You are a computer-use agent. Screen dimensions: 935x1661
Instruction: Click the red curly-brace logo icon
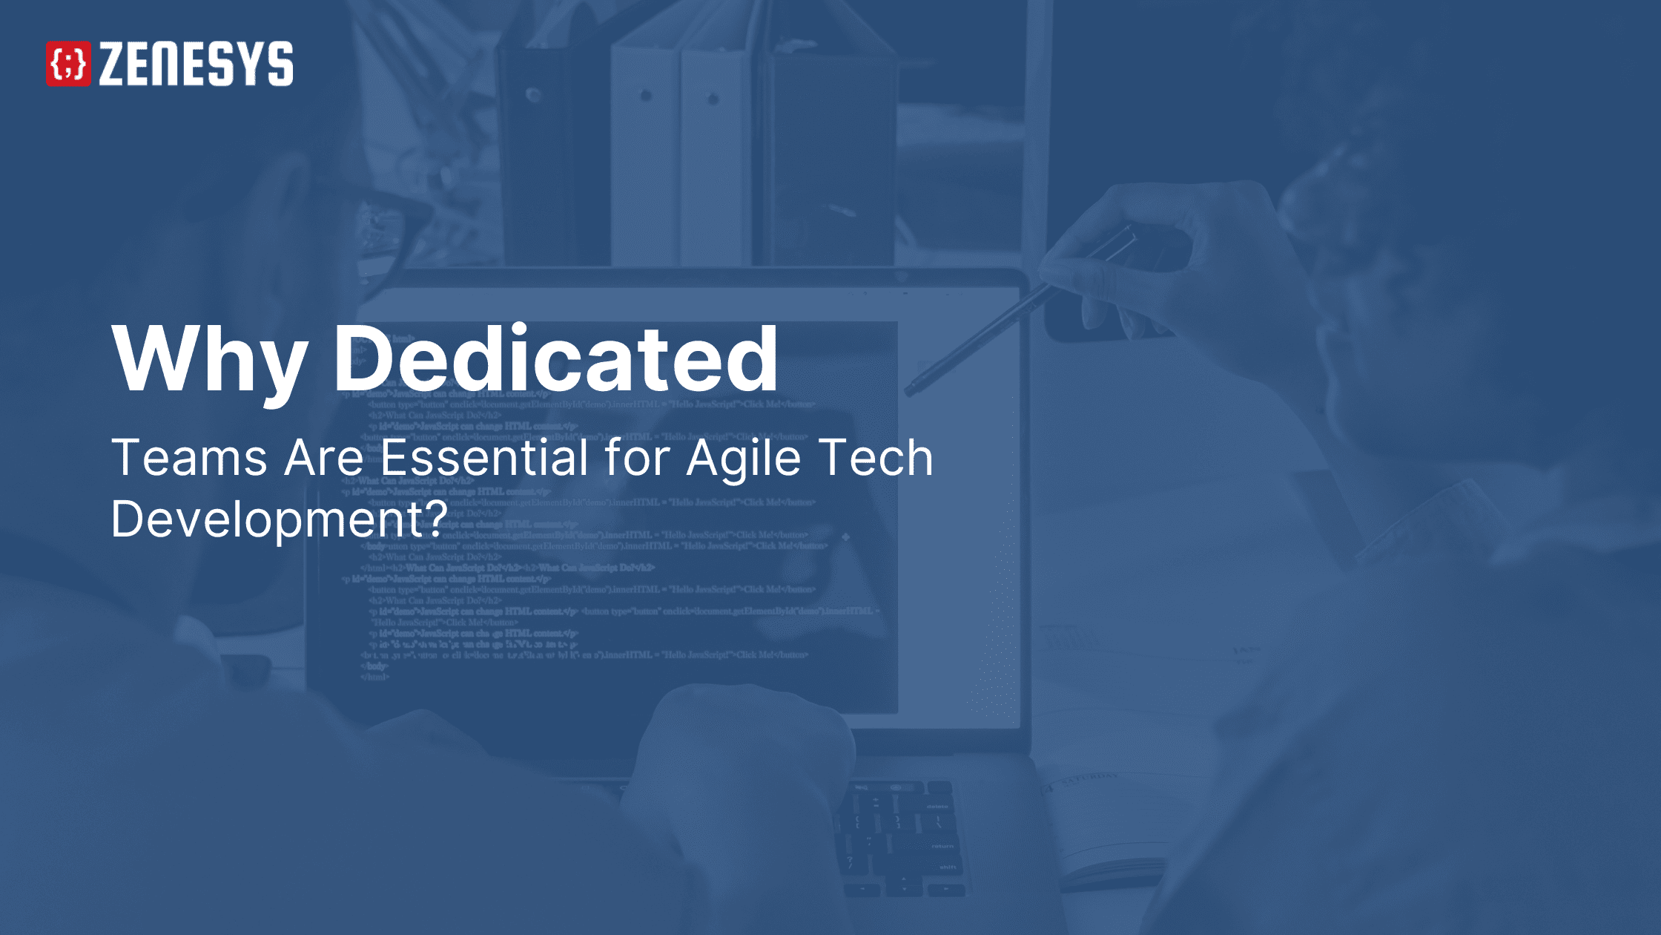click(68, 64)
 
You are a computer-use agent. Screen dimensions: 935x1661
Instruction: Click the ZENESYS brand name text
click(196, 64)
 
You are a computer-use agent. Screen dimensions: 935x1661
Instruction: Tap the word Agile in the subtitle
click(744, 459)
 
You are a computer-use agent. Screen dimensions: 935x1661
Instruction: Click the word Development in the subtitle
click(267, 519)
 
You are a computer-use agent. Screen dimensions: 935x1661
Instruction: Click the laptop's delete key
click(937, 806)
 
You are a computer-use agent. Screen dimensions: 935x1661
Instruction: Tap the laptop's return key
click(942, 846)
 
